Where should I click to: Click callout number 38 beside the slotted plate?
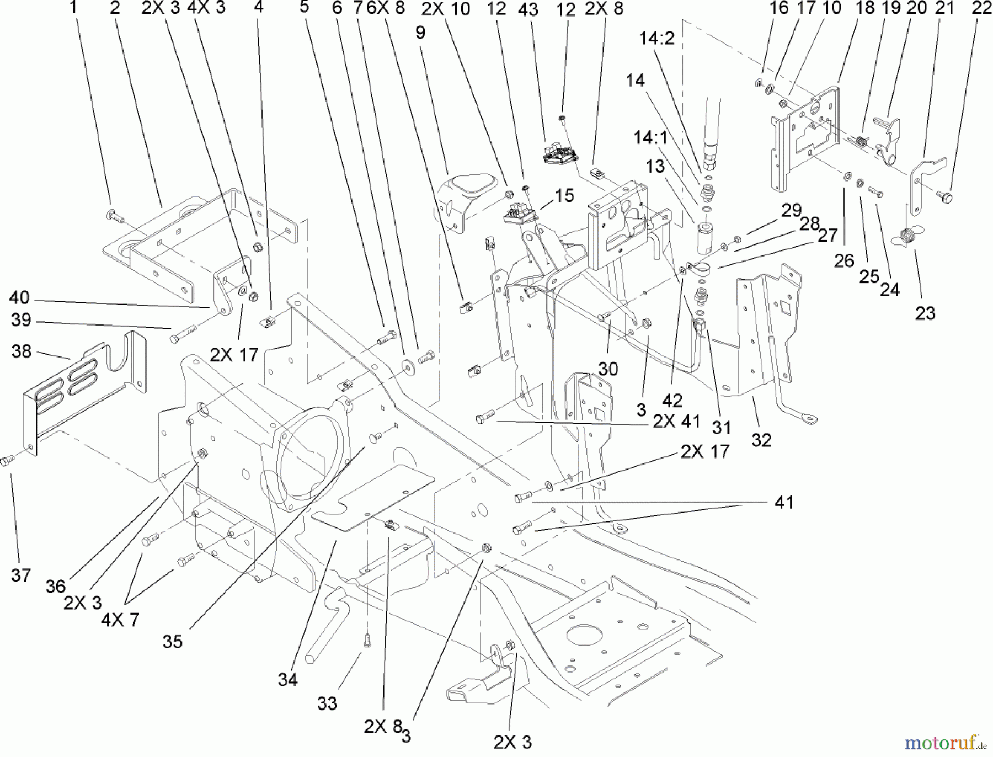[x=22, y=351]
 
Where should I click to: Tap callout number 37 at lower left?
[x=20, y=575]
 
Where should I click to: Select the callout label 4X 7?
[x=120, y=620]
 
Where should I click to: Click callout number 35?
[x=172, y=642]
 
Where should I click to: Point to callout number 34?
[x=287, y=680]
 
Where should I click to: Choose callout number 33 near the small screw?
[x=327, y=703]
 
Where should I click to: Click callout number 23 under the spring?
[x=925, y=313]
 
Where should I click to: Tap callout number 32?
[x=761, y=440]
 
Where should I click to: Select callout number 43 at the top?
[x=528, y=9]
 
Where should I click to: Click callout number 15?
[x=564, y=195]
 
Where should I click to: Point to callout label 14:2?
[x=656, y=39]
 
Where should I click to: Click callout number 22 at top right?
[x=982, y=8]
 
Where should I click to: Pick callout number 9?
[x=420, y=33]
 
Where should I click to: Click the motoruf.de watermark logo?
[x=946, y=743]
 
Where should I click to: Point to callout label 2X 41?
[x=676, y=422]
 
